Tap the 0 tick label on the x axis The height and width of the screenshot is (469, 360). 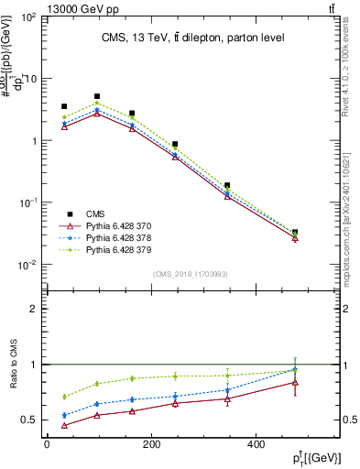click(x=46, y=445)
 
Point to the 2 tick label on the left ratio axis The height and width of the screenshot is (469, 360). click(x=35, y=309)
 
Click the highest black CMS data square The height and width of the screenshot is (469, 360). click(x=97, y=96)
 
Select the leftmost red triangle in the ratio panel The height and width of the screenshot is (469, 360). click(x=64, y=425)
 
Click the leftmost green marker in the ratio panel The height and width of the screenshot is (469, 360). click(x=64, y=397)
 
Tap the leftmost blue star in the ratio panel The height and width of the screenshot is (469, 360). click(x=64, y=415)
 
